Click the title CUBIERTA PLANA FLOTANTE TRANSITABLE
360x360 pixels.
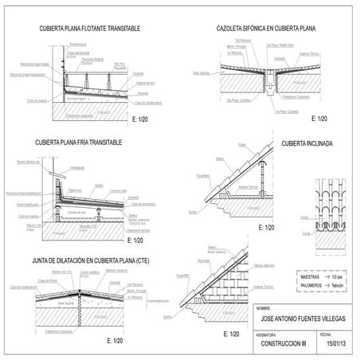[89, 29]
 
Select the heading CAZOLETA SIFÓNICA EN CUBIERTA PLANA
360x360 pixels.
[266, 29]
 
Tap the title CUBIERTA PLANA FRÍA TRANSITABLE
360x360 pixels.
[79, 143]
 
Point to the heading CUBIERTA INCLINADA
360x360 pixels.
[307, 144]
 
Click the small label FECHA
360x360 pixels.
[324, 335]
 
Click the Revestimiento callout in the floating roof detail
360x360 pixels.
[78, 45]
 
